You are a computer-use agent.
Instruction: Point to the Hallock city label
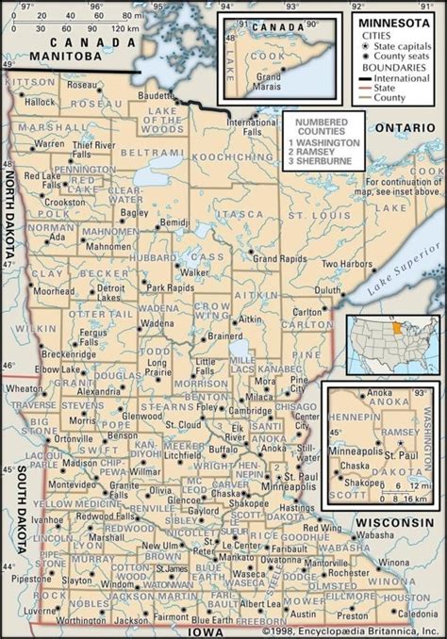click(x=42, y=100)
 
